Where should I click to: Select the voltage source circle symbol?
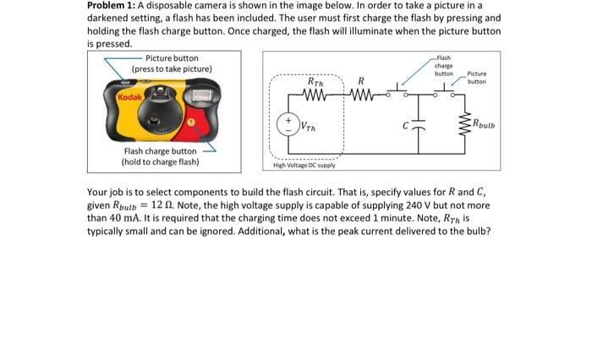click(x=288, y=127)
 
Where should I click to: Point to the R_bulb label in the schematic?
click(x=486, y=128)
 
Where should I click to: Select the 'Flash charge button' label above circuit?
click(x=443, y=66)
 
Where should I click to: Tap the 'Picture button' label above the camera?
click(x=172, y=58)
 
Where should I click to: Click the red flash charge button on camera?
click(x=190, y=122)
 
